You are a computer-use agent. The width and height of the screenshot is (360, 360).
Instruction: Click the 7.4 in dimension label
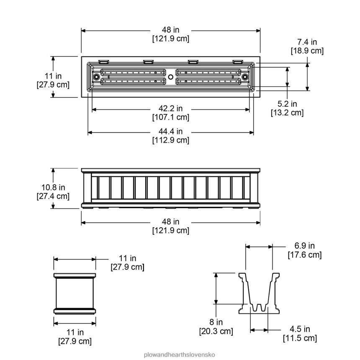pyautogui.click(x=307, y=46)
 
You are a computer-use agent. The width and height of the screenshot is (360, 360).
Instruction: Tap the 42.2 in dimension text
pyautogui.click(x=170, y=113)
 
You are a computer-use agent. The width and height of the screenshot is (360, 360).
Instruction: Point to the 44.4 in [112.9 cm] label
pyautogui.click(x=170, y=136)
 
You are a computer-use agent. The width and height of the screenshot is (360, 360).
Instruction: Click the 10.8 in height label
pyautogui.click(x=53, y=191)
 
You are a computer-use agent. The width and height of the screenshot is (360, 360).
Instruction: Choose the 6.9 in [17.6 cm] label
pyautogui.click(x=304, y=250)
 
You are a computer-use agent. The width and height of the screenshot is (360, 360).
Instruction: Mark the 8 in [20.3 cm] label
pyautogui.click(x=216, y=327)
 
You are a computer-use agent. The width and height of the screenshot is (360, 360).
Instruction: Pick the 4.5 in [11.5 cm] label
pyautogui.click(x=300, y=333)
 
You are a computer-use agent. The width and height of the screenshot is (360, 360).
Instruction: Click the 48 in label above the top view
pyautogui.click(x=170, y=34)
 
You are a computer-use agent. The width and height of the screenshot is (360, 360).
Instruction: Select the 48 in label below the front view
pyautogui.click(x=170, y=226)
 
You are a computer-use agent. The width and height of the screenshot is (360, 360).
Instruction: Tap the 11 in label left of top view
pyautogui.click(x=53, y=80)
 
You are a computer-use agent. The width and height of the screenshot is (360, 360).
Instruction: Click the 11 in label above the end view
pyautogui.click(x=127, y=262)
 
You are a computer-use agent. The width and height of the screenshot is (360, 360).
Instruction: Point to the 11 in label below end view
pyautogui.click(x=75, y=337)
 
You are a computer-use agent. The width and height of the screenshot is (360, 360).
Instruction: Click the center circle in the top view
pyautogui.click(x=171, y=77)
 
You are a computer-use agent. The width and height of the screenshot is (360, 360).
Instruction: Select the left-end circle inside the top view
pyautogui.click(x=96, y=77)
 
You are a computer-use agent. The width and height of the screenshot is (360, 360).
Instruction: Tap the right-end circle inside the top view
pyautogui.click(x=245, y=77)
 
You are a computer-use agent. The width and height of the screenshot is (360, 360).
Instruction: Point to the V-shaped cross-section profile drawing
pyautogui.click(x=258, y=293)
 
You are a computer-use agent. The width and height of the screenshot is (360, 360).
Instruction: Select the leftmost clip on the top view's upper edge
pyautogui.click(x=104, y=62)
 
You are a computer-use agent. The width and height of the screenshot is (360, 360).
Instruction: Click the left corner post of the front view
pyautogui.click(x=87, y=189)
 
